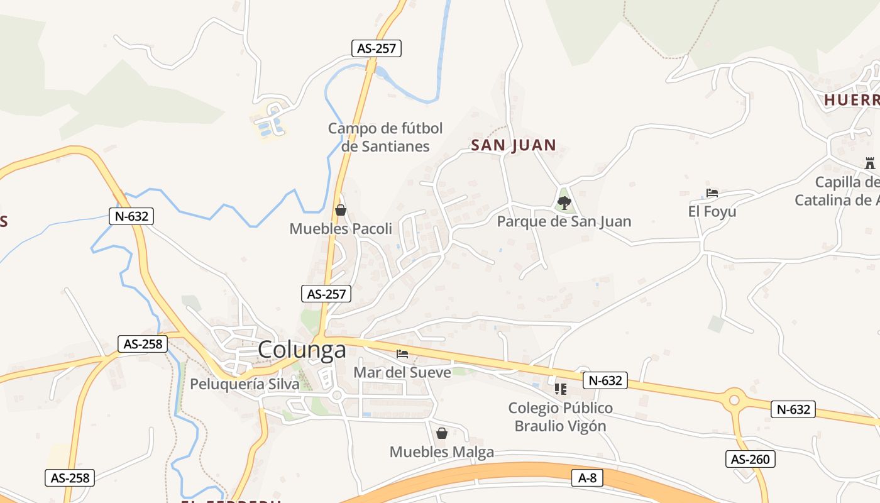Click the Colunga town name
(x=302, y=350)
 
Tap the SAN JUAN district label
(x=514, y=145)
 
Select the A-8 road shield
(x=587, y=478)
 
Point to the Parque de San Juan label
(x=564, y=221)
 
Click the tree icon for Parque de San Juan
(x=564, y=202)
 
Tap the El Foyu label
(x=712, y=211)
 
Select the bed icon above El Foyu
(x=712, y=193)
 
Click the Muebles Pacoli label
(x=340, y=229)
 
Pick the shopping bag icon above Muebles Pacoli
(x=340, y=210)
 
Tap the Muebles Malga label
(x=441, y=451)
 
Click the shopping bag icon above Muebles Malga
(x=441, y=433)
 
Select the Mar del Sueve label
(x=402, y=372)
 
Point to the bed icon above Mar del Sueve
(x=402, y=354)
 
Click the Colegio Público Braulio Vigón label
(x=560, y=417)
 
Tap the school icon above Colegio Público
(x=560, y=389)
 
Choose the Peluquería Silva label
(x=245, y=384)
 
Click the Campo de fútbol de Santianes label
(x=385, y=137)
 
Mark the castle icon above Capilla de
(x=869, y=163)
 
